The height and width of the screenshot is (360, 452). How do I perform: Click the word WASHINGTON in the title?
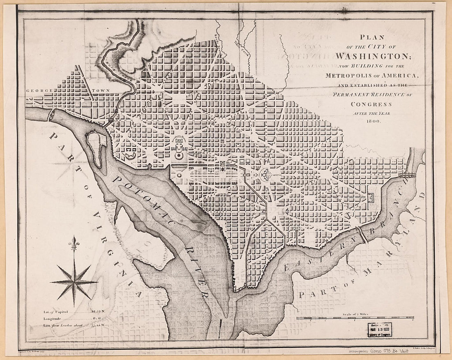point(372,55)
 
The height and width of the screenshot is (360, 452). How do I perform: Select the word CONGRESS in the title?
point(372,104)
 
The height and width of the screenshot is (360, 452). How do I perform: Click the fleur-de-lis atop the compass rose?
point(74,242)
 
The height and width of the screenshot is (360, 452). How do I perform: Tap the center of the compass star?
point(74,282)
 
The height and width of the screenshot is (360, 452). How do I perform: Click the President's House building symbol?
point(180,145)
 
